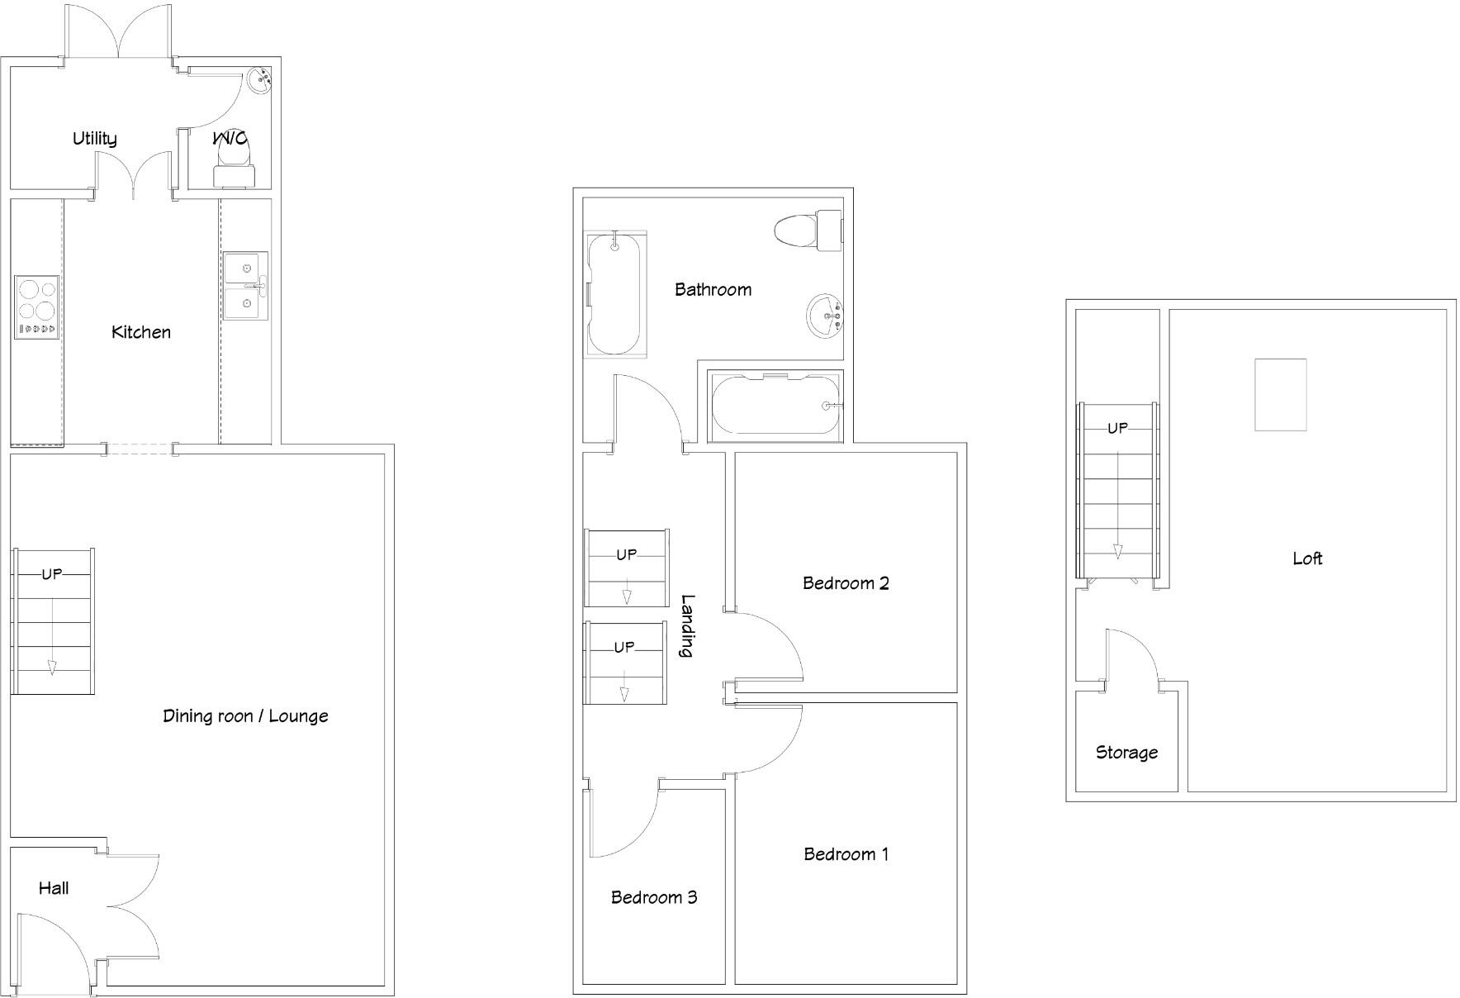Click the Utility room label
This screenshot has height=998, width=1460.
click(x=94, y=138)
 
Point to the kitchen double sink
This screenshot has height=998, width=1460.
click(x=246, y=286)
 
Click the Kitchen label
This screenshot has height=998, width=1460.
click(x=141, y=332)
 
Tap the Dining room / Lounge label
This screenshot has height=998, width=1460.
click(x=245, y=716)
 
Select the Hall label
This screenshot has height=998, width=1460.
click(x=54, y=888)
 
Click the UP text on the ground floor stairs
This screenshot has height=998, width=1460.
click(x=52, y=573)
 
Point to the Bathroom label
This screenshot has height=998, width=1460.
click(x=713, y=289)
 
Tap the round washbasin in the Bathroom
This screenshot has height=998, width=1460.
click(x=825, y=316)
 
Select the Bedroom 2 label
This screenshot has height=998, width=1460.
click(x=846, y=583)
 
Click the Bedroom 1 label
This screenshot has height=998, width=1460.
click(x=846, y=854)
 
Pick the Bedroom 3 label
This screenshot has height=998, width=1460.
click(x=654, y=897)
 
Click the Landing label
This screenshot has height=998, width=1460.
click(x=686, y=625)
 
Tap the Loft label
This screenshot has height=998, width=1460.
click(x=1307, y=558)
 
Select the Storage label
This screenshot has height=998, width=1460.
click(x=1126, y=753)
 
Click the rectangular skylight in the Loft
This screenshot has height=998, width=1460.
click(x=1280, y=395)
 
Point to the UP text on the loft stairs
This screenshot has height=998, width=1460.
click(x=1117, y=428)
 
